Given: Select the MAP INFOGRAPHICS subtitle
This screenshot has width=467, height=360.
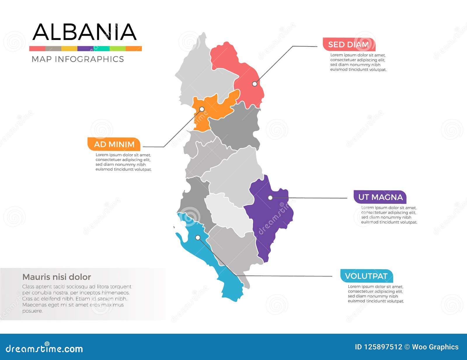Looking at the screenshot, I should click(78, 59).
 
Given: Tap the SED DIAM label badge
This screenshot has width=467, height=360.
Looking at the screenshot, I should click(348, 45).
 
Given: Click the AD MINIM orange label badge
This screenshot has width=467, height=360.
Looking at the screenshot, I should click(114, 144).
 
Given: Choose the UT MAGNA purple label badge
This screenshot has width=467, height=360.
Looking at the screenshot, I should click(380, 197).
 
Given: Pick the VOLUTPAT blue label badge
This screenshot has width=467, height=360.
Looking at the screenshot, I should click(366, 276).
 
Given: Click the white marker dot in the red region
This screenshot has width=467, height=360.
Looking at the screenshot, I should click(255, 84).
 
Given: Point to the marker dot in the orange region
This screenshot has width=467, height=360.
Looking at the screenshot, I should click(202, 109).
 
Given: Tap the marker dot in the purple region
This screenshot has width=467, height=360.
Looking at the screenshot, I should click(270, 198).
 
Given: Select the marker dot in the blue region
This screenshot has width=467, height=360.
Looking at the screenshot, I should click(198, 238).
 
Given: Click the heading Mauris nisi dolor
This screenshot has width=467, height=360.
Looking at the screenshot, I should click(57, 277).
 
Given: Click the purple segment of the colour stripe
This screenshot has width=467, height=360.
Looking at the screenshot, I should click(85, 49).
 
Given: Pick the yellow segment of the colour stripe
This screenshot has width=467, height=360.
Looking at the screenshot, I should click(69, 49).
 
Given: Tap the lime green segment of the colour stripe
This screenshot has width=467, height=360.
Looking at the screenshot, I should click(117, 49).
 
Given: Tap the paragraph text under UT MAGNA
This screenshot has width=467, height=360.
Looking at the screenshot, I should click(389, 215).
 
